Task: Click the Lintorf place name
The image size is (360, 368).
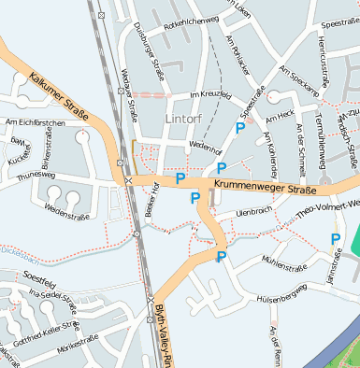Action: [181, 120]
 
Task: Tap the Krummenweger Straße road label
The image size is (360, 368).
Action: [266, 187]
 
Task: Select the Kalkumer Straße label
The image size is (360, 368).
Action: [58, 96]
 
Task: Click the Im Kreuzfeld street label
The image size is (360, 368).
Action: [209, 96]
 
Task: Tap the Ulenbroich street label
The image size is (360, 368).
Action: [253, 212]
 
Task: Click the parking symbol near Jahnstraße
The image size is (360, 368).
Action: [335, 239]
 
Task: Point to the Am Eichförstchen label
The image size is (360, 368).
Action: [35, 122]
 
